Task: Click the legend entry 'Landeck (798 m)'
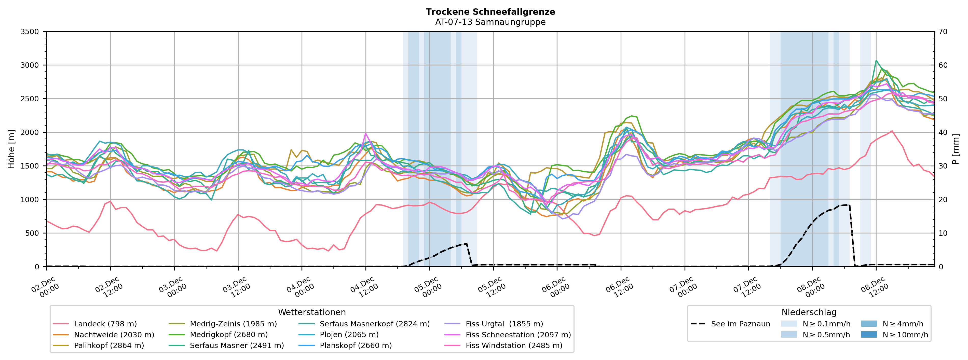click(105, 324)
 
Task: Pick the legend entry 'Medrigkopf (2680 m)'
click(228, 335)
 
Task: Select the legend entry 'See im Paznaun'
click(740, 324)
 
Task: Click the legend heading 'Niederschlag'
click(809, 312)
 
